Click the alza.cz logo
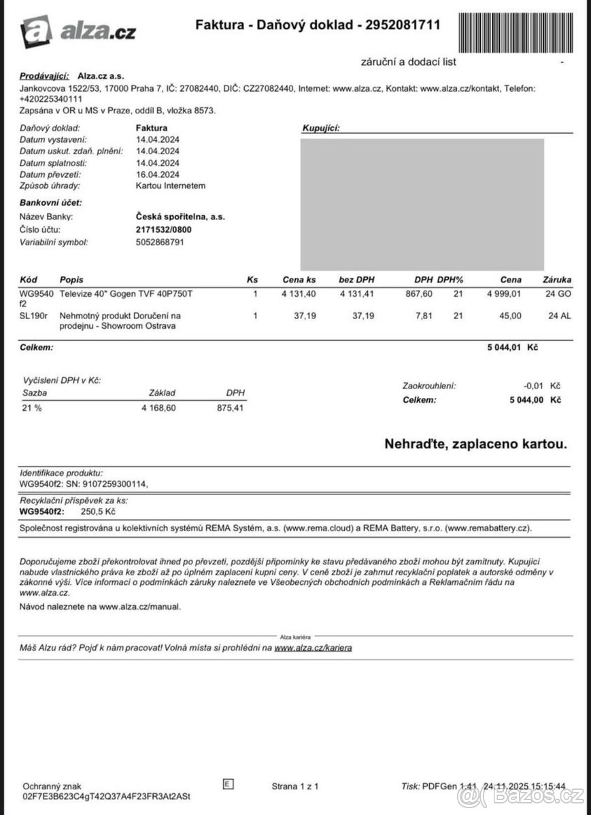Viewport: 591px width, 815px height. point(78,31)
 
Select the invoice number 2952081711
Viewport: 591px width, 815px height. point(403,25)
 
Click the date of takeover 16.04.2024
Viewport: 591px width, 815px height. point(158,174)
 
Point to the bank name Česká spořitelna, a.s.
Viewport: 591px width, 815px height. point(180,217)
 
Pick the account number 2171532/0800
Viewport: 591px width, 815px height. point(164,230)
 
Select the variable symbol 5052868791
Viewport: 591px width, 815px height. point(160,242)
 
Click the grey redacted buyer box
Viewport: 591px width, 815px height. point(422,204)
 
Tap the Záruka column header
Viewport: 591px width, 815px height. point(557,280)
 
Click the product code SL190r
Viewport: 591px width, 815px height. point(33,316)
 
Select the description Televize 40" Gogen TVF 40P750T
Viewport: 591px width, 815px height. point(126,293)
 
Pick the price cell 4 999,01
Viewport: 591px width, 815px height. point(503,293)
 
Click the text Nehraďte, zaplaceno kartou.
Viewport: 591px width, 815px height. point(475,444)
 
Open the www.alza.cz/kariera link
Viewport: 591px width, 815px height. point(314,648)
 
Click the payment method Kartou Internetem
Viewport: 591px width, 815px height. point(171,185)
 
